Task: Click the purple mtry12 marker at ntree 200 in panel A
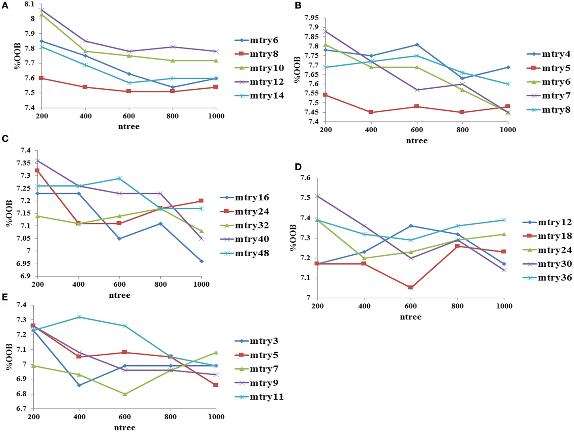[x=41, y=10]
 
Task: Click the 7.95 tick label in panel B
[x=312, y=17]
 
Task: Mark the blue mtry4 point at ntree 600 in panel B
[x=417, y=45]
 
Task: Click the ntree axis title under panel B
[x=417, y=140]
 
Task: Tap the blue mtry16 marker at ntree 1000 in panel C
[x=201, y=261]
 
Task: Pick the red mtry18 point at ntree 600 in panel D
[x=410, y=287]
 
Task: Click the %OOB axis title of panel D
[x=293, y=238]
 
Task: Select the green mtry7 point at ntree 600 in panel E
[x=125, y=394]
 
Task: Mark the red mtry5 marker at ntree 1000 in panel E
[x=215, y=385]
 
